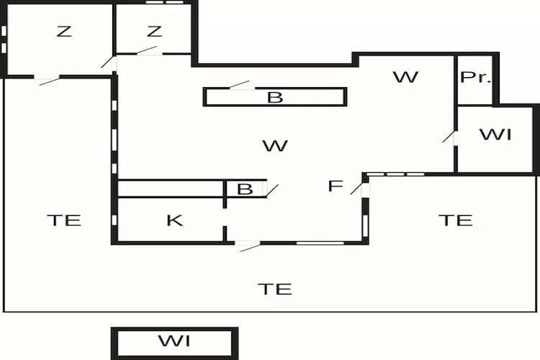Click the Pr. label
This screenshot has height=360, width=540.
click(475, 77)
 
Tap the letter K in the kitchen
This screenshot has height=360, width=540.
click(174, 220)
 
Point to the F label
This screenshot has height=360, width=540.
click(335, 186)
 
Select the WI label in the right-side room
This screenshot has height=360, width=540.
click(495, 135)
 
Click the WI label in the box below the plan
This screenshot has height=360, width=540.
click(174, 341)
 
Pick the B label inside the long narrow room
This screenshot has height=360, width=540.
click(275, 98)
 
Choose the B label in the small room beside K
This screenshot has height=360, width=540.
click(245, 189)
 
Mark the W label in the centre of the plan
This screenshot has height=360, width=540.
click(275, 146)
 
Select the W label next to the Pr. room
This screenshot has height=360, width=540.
click(405, 77)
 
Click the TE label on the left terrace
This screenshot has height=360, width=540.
click(64, 220)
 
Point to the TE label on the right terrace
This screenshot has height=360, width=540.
click(455, 220)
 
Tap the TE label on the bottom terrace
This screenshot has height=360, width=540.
click(275, 289)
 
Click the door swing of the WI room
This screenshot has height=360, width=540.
click(449, 136)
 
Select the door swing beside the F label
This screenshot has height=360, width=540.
click(356, 188)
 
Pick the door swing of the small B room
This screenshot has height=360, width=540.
click(272, 191)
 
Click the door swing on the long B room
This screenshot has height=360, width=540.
click(240, 84)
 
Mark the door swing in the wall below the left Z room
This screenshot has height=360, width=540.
click(49, 81)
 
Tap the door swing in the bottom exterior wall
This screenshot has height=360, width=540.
click(250, 247)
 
